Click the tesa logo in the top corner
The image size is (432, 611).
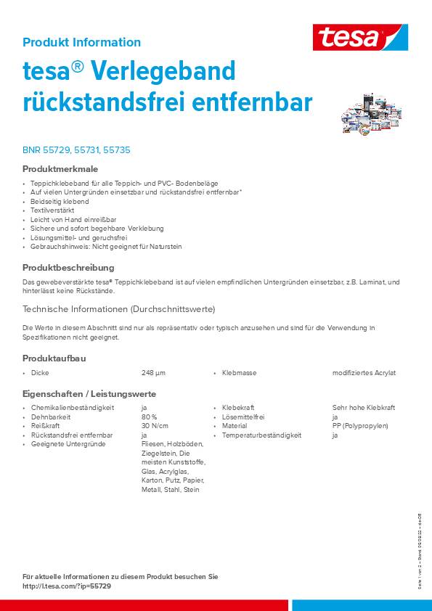360,37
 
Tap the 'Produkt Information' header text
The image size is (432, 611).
81,42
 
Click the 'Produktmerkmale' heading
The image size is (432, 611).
60,169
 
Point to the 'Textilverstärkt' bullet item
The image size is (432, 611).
52,210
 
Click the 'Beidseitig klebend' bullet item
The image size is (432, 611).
60,201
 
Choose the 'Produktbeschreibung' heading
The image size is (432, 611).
68,268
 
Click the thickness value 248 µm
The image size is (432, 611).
153,373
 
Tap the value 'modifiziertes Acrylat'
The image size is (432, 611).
364,373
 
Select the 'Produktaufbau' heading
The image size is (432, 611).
54,358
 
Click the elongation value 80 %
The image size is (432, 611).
150,417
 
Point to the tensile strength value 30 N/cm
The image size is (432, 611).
155,426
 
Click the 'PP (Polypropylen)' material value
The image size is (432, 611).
362,426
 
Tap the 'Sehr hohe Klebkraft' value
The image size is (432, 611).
363,408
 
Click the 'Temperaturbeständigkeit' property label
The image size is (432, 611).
261,435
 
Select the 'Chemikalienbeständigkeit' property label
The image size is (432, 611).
73,408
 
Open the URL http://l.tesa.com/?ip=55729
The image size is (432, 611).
67,586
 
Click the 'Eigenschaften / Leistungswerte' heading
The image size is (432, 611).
89,394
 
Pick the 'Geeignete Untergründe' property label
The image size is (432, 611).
68,444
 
